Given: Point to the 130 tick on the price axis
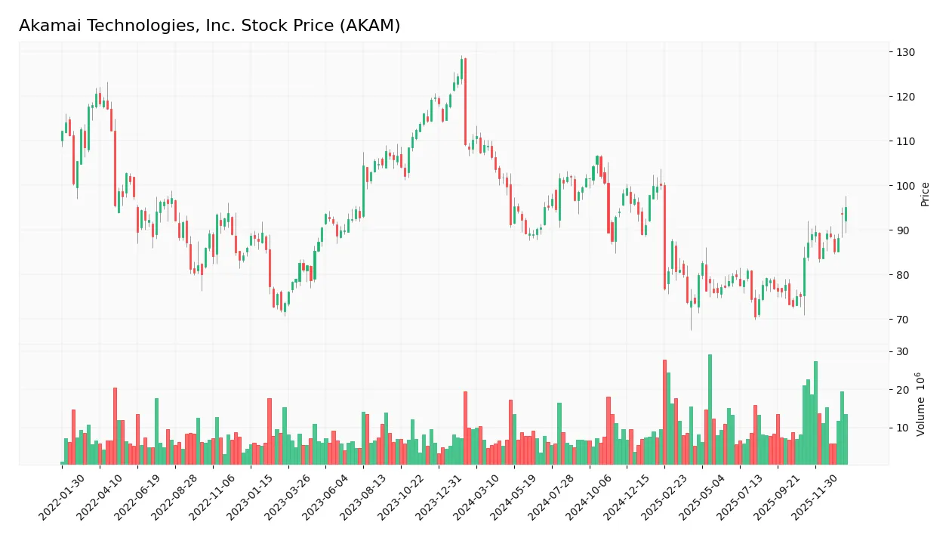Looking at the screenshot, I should click(906, 52).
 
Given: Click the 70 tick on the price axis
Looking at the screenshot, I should click(903, 320).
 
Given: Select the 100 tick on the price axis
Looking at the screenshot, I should click(906, 186).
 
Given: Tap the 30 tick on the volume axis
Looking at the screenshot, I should click(903, 352).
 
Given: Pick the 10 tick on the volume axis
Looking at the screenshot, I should click(903, 428).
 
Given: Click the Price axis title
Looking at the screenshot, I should click(926, 194).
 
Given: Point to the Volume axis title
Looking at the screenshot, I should click(921, 404).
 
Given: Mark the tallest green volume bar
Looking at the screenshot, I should click(710, 410).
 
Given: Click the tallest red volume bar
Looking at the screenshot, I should click(664, 412).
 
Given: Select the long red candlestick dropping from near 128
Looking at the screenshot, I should click(465, 101).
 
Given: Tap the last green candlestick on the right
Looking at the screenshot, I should click(846, 214).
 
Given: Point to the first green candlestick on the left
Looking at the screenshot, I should click(63, 136).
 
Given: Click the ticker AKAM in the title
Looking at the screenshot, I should click(370, 26).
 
